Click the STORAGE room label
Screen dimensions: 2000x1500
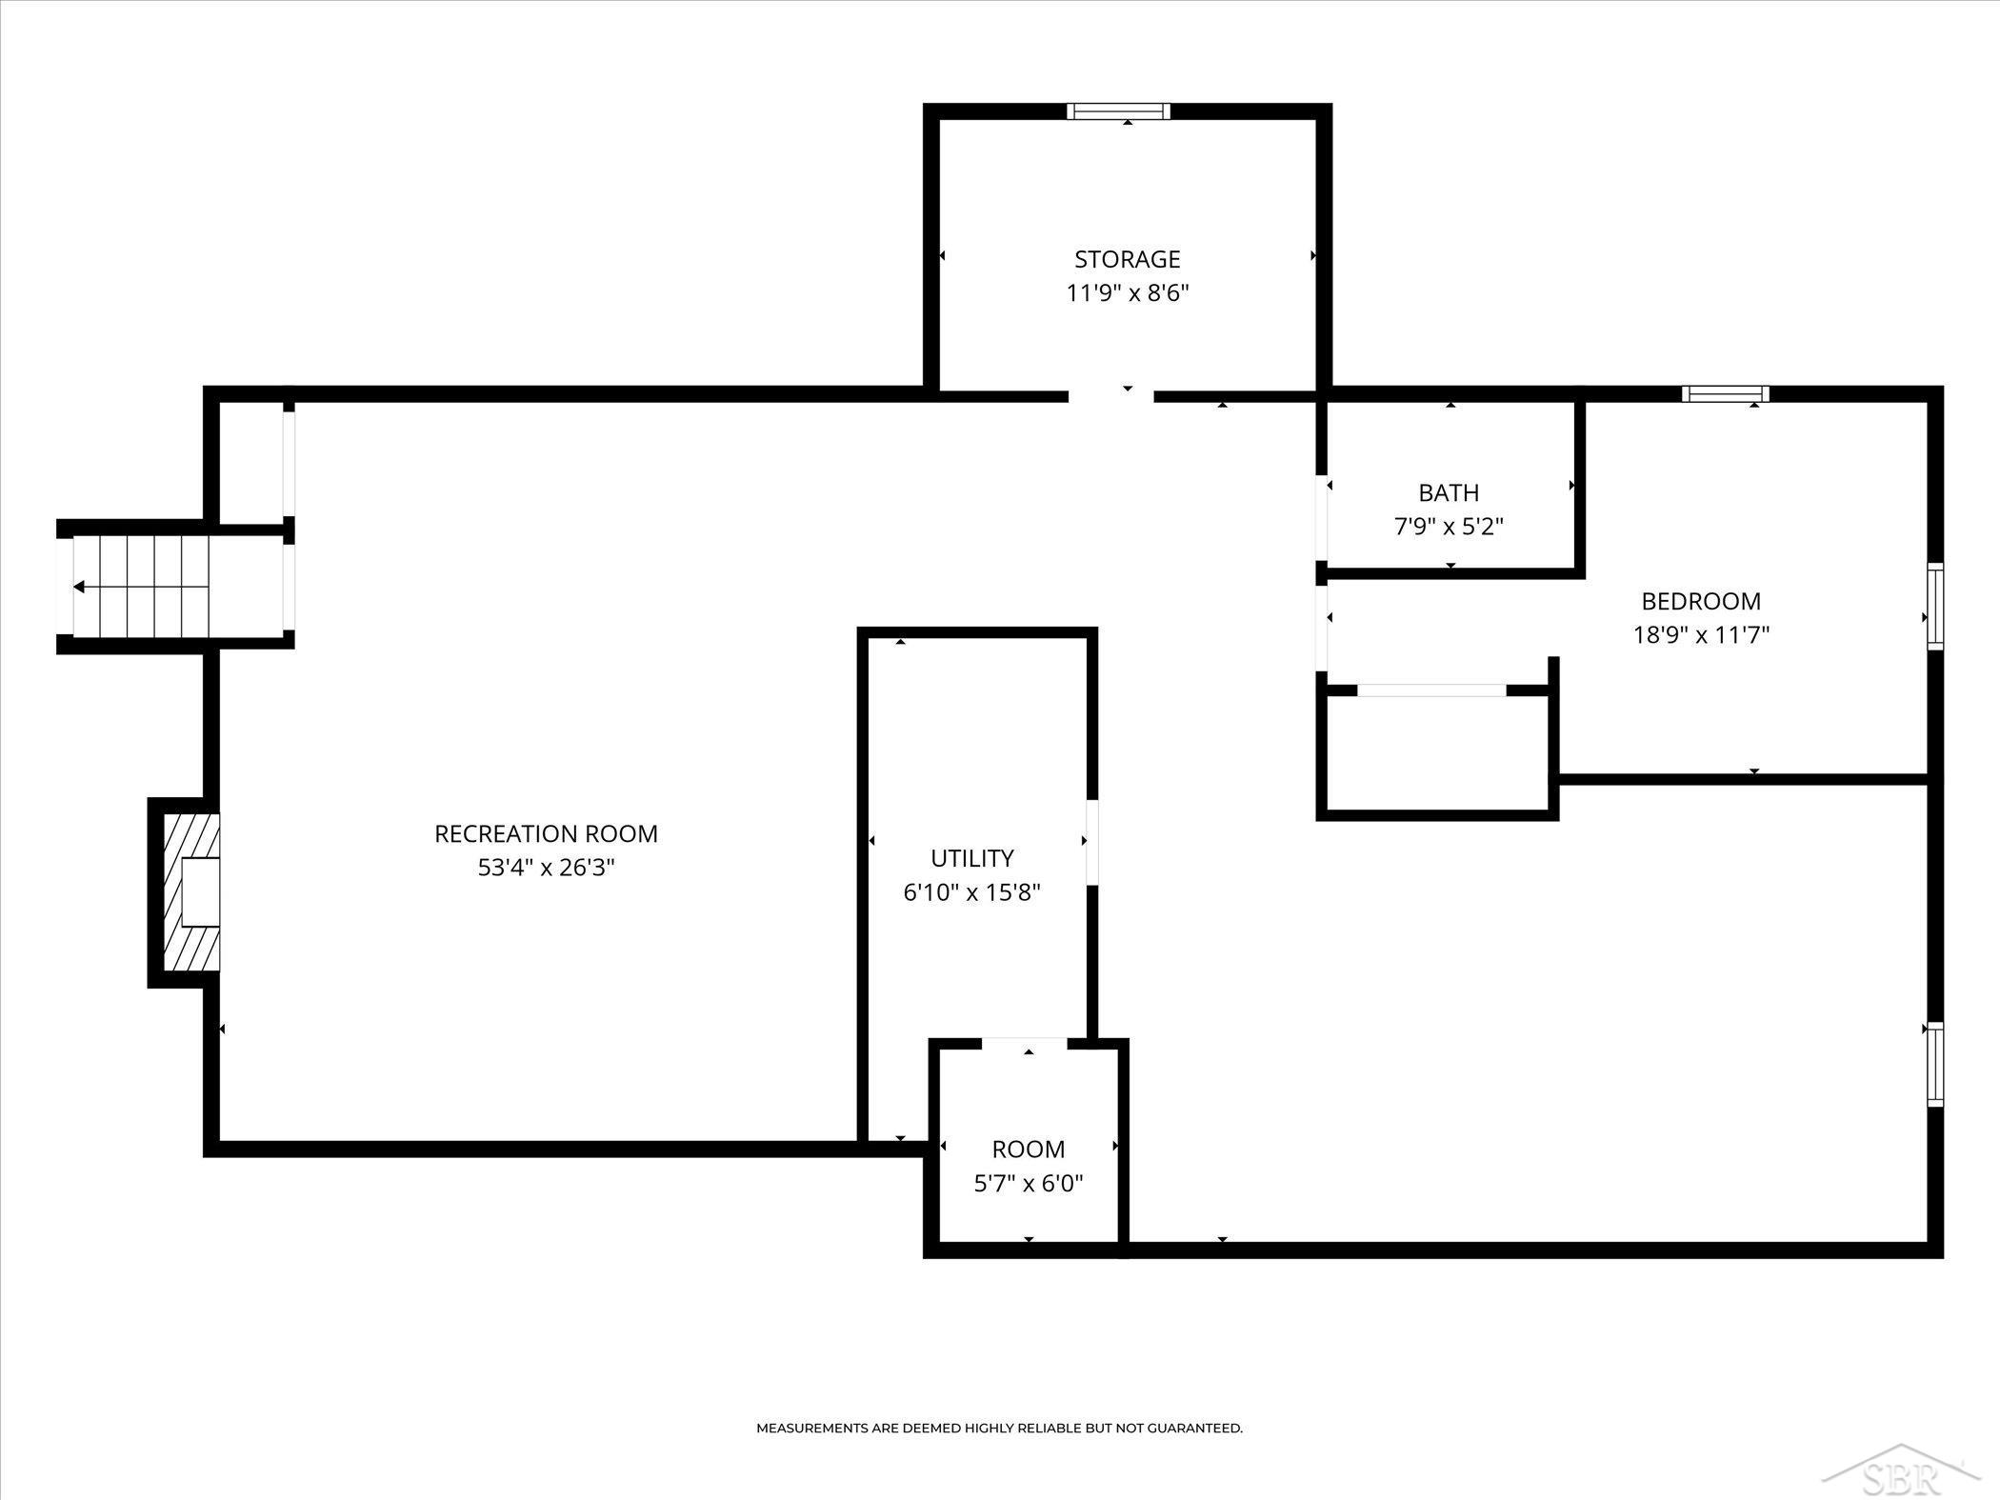(x=1128, y=259)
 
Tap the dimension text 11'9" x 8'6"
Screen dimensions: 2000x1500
(x=1128, y=292)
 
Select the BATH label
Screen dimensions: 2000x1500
(x=1449, y=492)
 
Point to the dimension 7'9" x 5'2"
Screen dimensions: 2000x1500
(x=1449, y=526)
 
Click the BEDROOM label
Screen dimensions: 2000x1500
(x=1701, y=601)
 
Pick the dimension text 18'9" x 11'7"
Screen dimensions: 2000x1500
(x=1701, y=634)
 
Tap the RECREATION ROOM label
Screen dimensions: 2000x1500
(x=546, y=833)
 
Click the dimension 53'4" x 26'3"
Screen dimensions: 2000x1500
(x=546, y=868)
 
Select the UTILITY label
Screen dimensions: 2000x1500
(x=971, y=858)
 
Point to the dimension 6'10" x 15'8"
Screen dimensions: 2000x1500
(x=971, y=892)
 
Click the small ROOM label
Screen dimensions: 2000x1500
(x=1028, y=1149)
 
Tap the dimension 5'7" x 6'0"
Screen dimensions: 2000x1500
(x=1028, y=1183)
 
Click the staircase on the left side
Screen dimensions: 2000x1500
(x=141, y=587)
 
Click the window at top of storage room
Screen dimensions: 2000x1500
(x=1118, y=111)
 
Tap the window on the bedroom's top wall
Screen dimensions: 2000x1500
(x=1725, y=393)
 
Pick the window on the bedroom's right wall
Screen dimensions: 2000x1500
(x=1935, y=607)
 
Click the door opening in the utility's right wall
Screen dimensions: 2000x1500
(x=1091, y=842)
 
